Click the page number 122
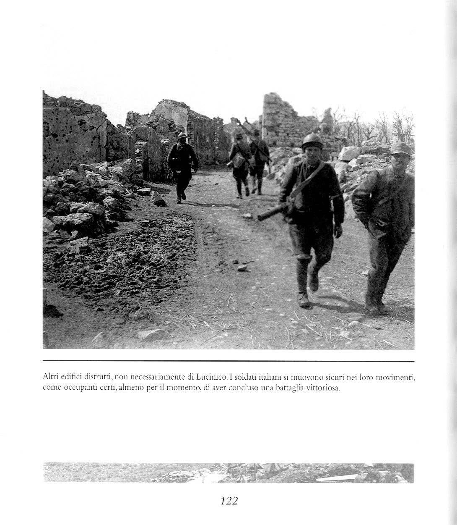228,501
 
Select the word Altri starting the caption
50,378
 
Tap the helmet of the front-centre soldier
312,141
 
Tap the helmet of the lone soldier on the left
182,136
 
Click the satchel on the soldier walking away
239,160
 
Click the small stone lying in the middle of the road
242,267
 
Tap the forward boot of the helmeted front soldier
304,299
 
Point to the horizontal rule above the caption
228,361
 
